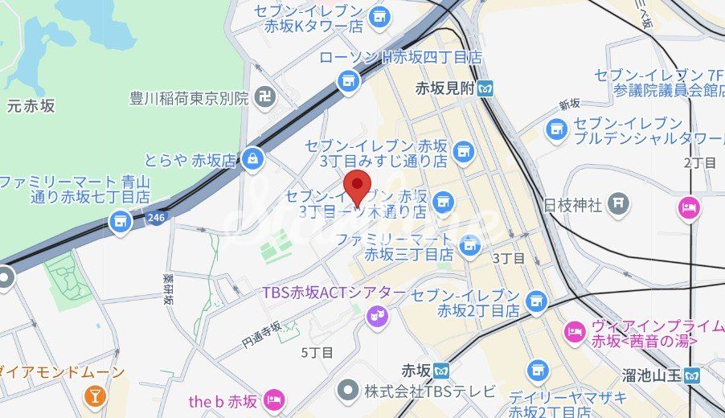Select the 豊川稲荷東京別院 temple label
pos(190,98)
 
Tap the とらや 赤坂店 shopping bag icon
pos(253,159)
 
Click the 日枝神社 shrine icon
pos(618,204)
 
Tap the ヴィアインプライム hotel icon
pos(575,330)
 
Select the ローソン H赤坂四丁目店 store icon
pos(348,80)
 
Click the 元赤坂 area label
pos(31,105)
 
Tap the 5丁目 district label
pos(317,352)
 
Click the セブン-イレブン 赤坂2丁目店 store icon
pos(535,301)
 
